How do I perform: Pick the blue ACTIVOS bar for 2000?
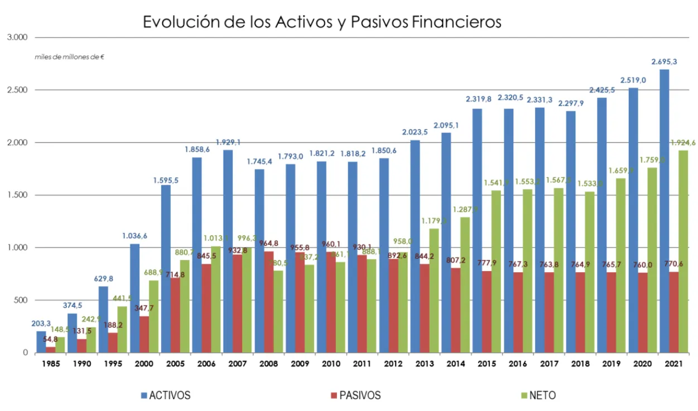[134, 298]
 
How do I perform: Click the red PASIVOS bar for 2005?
[175, 315]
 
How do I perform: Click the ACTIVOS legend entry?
[166, 395]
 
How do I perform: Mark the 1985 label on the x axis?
[51, 364]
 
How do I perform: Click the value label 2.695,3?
[664, 62]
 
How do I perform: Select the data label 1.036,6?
[134, 236]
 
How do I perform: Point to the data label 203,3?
[41, 323]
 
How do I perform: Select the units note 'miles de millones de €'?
[70, 57]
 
